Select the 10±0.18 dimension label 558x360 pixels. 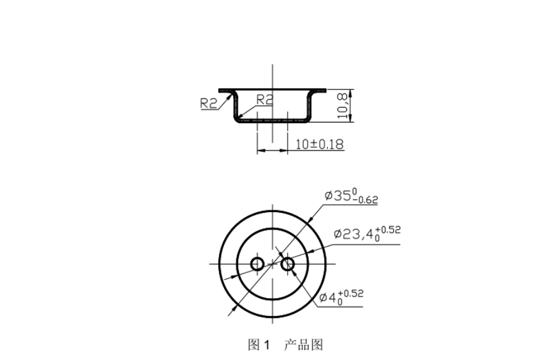coord(319,144)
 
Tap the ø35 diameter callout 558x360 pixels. coord(351,196)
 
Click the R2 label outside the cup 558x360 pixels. coord(209,103)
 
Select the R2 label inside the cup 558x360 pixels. coord(265,98)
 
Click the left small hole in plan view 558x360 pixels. coord(257,264)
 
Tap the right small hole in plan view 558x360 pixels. coord(287,264)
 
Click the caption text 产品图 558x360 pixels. coord(303,345)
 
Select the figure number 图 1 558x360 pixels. coord(259,345)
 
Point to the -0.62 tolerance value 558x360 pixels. coord(365,200)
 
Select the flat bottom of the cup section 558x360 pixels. coord(272,120)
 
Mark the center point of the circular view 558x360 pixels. coord(272,264)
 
